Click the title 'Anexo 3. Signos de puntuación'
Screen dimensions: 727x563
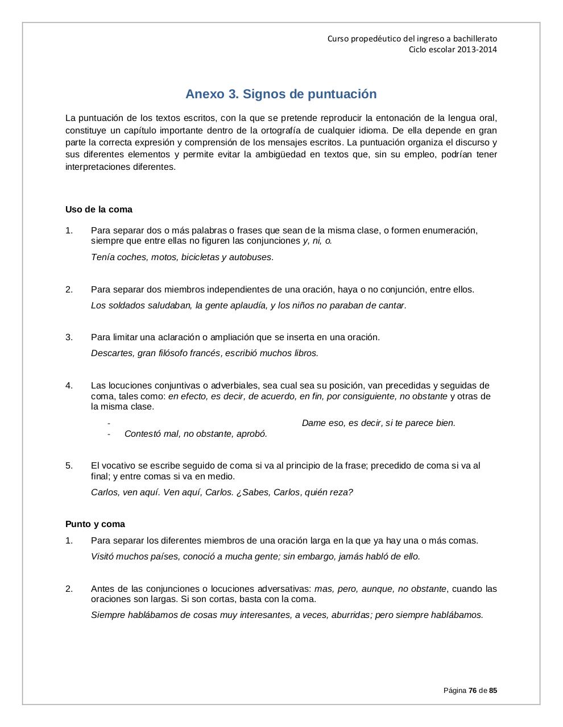click(281, 94)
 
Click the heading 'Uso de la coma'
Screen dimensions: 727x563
click(98, 210)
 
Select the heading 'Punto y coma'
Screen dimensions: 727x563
click(95, 524)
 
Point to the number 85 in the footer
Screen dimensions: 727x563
click(492, 691)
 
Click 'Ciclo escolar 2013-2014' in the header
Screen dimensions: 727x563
click(453, 49)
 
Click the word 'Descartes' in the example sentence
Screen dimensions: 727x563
click(113, 353)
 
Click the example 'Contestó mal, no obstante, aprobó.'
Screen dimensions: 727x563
click(196, 434)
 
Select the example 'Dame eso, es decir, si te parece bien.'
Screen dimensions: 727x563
click(378, 423)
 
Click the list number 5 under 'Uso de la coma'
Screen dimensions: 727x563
click(69, 466)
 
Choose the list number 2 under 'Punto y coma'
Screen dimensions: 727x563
click(69, 589)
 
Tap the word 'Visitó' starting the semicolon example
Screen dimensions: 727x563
click(104, 557)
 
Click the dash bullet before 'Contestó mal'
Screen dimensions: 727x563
click(109, 434)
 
